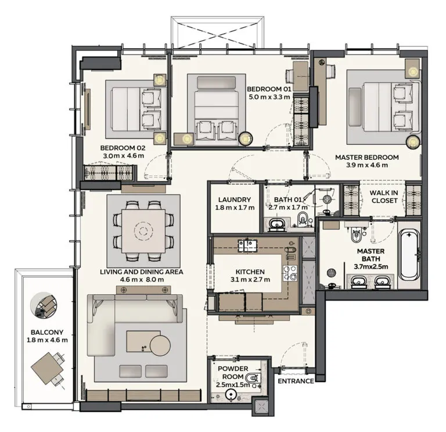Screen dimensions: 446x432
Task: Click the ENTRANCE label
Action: tap(296, 381)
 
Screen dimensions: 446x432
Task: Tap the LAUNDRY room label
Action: tap(235, 200)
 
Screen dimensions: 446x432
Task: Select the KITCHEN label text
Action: tap(250, 272)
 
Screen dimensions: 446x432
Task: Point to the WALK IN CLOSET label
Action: tap(384, 197)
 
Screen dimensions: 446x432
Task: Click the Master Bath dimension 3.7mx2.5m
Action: tap(371, 267)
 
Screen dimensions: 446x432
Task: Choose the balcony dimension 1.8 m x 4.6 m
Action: tap(47, 340)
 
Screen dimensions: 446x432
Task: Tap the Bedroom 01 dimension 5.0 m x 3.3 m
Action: tap(269, 97)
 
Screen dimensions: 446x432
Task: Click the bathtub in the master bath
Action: tap(409, 255)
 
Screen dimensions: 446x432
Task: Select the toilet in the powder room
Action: tap(251, 378)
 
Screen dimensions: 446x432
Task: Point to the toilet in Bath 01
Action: tap(302, 219)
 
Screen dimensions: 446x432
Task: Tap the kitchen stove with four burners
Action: tap(290, 273)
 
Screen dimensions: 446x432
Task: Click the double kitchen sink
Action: tap(247, 245)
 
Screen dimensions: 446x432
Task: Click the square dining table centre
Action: tap(143, 231)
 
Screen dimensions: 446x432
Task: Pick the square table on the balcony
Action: tap(47, 369)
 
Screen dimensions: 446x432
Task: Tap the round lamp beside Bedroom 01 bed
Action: tap(246, 139)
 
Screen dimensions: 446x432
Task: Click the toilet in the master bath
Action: tap(356, 234)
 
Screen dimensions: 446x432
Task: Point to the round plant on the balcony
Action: tap(44, 305)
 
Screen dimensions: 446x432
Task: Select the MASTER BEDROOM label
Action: tap(367, 157)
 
